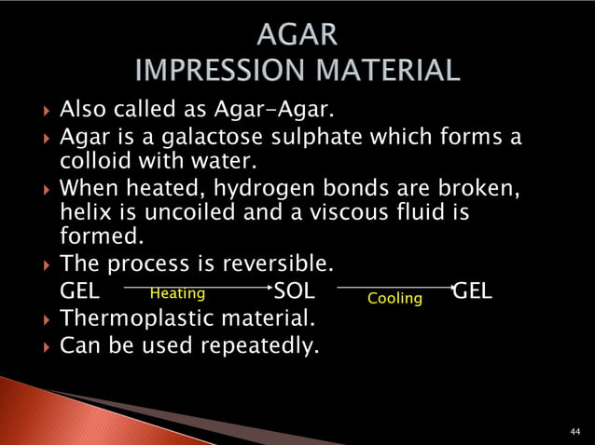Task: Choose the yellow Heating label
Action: (177, 293)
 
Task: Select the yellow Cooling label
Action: (394, 299)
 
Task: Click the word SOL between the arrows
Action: (294, 290)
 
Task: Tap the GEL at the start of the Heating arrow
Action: (80, 290)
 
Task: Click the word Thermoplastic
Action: (135, 318)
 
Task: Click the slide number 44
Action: (575, 432)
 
